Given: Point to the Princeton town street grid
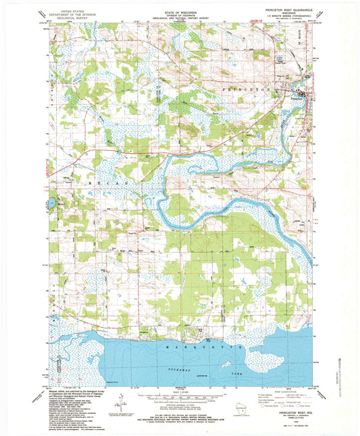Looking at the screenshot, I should click(302, 94).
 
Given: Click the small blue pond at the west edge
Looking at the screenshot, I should click(51, 201).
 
